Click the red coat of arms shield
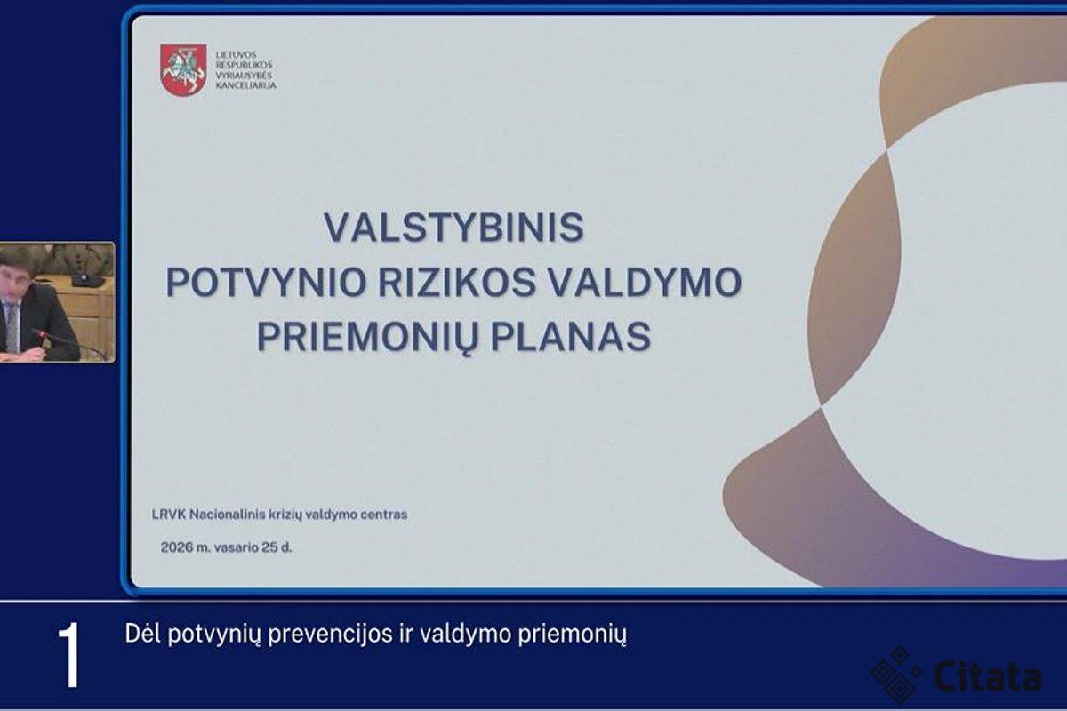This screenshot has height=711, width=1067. coord(183,70)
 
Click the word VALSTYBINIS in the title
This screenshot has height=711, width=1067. coord(454,228)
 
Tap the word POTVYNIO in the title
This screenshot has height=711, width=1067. coord(266,283)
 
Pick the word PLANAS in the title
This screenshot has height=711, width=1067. coord(571,337)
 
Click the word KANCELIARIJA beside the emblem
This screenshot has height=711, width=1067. coord(245,86)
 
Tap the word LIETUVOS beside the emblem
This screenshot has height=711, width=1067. coord(237,55)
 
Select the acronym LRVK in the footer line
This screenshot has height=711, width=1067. coord(168,515)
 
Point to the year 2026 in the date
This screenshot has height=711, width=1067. coord(176,547)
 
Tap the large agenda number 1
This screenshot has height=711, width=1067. coord(69,656)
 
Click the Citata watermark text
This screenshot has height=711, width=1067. coord(988,676)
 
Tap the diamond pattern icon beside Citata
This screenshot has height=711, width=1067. coord(896,675)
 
